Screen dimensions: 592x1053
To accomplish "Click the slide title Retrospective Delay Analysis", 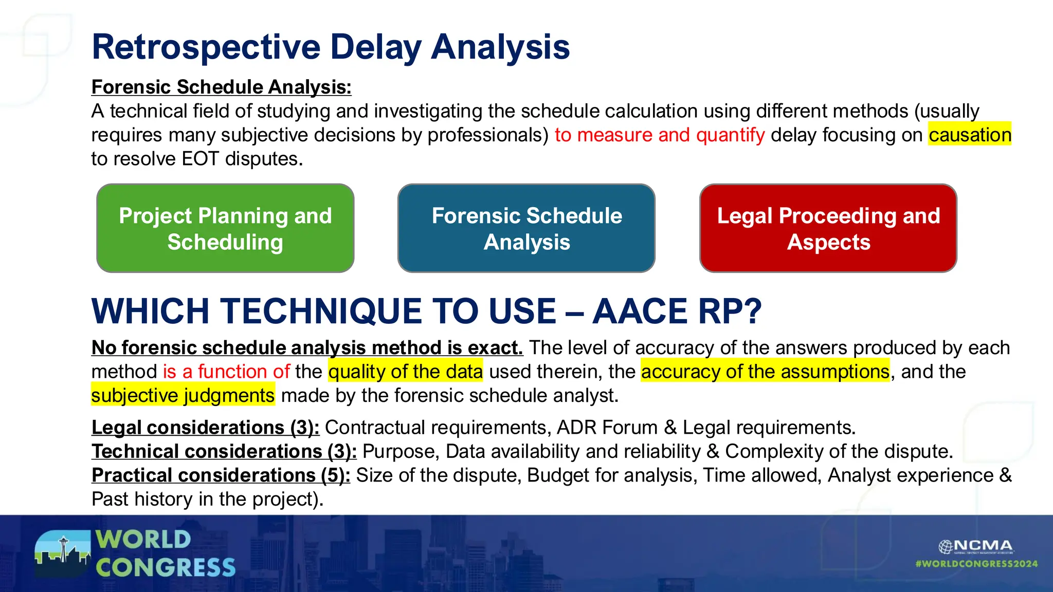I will point(331,47).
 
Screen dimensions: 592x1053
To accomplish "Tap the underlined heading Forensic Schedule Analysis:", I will point(221,87).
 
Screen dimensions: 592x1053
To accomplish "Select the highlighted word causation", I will point(969,135).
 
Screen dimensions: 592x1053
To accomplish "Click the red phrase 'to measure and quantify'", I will point(660,135).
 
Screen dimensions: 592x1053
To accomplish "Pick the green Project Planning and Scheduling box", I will point(225,228).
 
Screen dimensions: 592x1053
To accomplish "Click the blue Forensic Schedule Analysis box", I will point(526,228).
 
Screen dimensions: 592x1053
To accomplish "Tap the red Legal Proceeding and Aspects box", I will point(828,228).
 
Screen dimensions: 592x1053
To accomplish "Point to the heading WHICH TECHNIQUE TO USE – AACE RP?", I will point(426,311).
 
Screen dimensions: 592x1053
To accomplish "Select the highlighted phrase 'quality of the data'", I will point(406,372).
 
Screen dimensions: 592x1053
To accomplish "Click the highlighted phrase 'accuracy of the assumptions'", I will point(765,372).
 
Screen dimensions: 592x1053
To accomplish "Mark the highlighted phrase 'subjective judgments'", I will point(183,396).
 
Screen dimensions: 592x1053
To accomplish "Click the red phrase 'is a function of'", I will point(226,372).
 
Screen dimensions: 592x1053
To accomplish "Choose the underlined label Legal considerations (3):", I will point(205,428).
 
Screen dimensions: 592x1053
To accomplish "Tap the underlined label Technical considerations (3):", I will point(224,452).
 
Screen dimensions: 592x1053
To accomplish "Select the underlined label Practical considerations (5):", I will point(221,475).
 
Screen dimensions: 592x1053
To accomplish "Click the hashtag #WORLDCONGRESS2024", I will point(976,564).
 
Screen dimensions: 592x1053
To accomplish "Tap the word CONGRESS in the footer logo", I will point(166,568).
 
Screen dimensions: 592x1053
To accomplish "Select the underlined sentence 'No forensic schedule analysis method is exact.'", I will point(307,348).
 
